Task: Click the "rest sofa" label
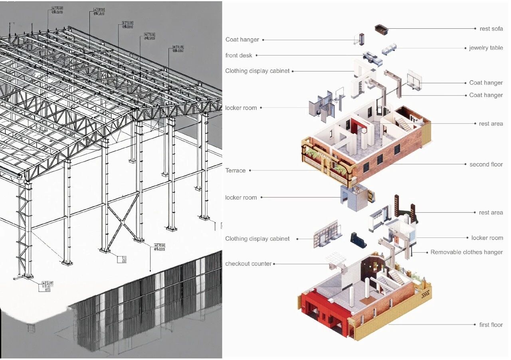click(x=491, y=29)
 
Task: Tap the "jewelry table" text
click(x=486, y=48)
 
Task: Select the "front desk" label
click(x=239, y=55)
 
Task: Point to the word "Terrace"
click(x=236, y=170)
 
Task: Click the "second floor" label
click(x=486, y=164)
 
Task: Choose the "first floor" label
click(x=491, y=325)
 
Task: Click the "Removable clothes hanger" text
click(x=466, y=252)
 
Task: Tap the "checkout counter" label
click(x=248, y=264)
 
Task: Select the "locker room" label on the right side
click(x=487, y=238)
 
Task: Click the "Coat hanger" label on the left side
click(x=242, y=40)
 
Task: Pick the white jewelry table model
click(x=389, y=50)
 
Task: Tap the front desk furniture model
click(x=372, y=58)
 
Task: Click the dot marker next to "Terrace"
click(x=250, y=170)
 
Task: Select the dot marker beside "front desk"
click(x=257, y=55)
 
